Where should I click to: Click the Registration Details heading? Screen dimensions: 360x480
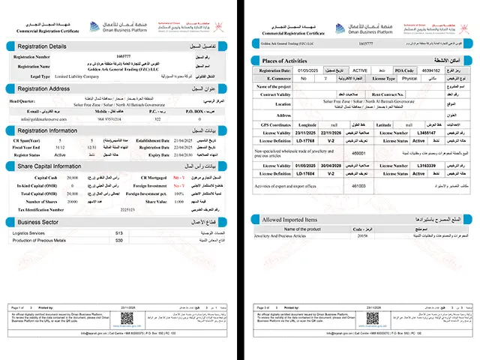42,46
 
